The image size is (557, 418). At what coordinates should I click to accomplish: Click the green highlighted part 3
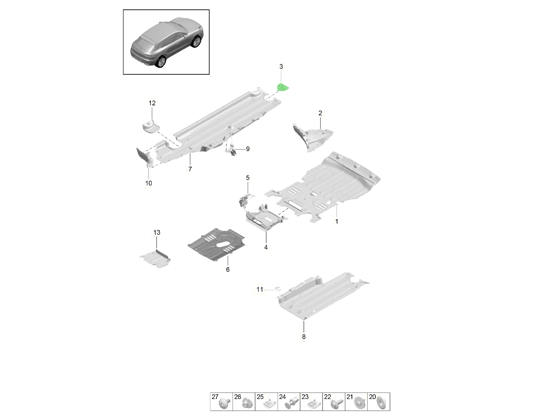[282, 87]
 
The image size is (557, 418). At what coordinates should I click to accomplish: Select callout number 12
[152, 103]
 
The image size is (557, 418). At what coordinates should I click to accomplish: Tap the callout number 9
[248, 149]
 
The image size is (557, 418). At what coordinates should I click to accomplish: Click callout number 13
[156, 232]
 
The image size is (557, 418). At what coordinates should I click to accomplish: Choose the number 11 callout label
[260, 289]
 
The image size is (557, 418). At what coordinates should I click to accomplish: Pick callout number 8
[304, 337]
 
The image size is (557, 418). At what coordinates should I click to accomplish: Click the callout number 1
[337, 222]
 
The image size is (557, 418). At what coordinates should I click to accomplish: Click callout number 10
[149, 183]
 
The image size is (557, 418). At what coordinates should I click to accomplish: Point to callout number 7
[190, 169]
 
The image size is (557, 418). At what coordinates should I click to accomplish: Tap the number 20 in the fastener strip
[372, 397]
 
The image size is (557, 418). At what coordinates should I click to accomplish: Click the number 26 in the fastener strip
[238, 397]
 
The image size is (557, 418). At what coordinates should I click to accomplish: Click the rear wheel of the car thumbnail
[161, 62]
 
